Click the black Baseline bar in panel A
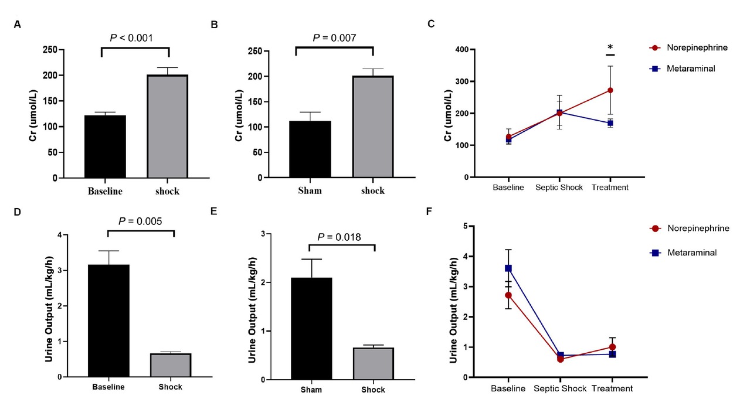pyautogui.click(x=105, y=146)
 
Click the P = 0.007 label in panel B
pyautogui.click(x=334, y=38)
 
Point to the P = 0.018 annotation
pyautogui.click(x=338, y=237)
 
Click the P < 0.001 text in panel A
pyautogui.click(x=131, y=38)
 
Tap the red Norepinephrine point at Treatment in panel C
pyautogui.click(x=610, y=90)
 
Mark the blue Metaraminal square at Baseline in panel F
pyautogui.click(x=508, y=268)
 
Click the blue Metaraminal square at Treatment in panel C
pyautogui.click(x=610, y=123)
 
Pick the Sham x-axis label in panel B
pyautogui.click(x=310, y=190)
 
